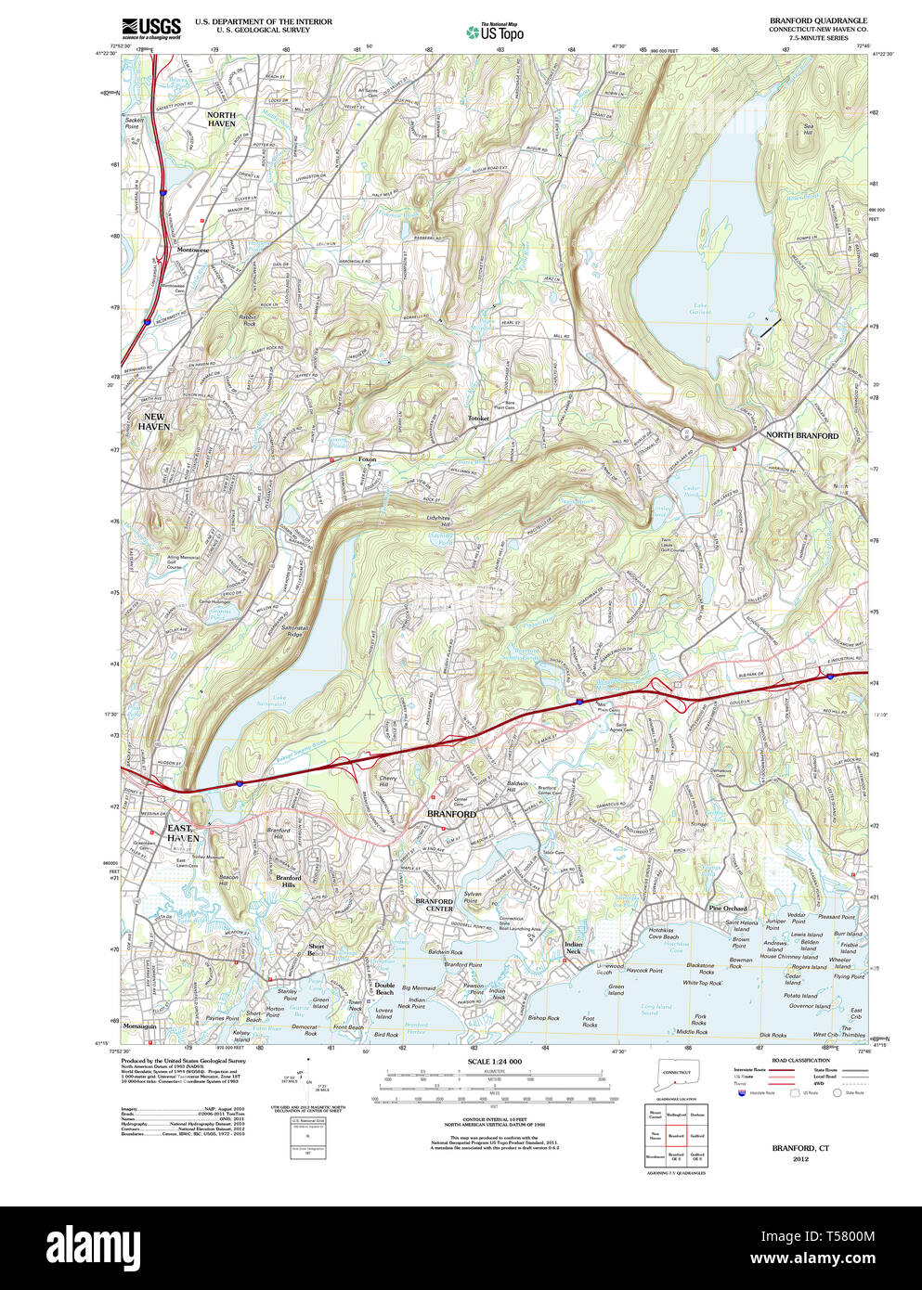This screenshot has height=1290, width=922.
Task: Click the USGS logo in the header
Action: point(150,27)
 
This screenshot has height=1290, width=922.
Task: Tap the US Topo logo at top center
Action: point(494,32)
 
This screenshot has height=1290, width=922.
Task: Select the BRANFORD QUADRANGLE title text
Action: point(818,20)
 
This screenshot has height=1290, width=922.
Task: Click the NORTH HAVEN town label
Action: point(221,120)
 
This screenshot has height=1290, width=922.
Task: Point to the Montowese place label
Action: point(193,251)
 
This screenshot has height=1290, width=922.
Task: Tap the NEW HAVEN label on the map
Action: point(154,422)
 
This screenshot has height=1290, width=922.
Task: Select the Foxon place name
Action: point(368,458)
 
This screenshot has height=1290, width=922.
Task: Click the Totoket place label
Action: point(478,419)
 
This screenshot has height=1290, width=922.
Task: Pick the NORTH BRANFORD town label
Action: point(801,435)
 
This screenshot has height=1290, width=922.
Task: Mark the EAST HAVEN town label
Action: point(182,832)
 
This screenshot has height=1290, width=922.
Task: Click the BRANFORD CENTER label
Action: point(434,905)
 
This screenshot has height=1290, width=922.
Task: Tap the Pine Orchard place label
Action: point(728,909)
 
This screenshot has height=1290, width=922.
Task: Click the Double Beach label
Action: point(384,989)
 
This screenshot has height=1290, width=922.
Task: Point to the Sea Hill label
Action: point(808,130)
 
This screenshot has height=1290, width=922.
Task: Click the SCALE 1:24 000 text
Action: point(494,1062)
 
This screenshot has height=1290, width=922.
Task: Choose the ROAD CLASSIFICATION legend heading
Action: point(800,1060)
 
